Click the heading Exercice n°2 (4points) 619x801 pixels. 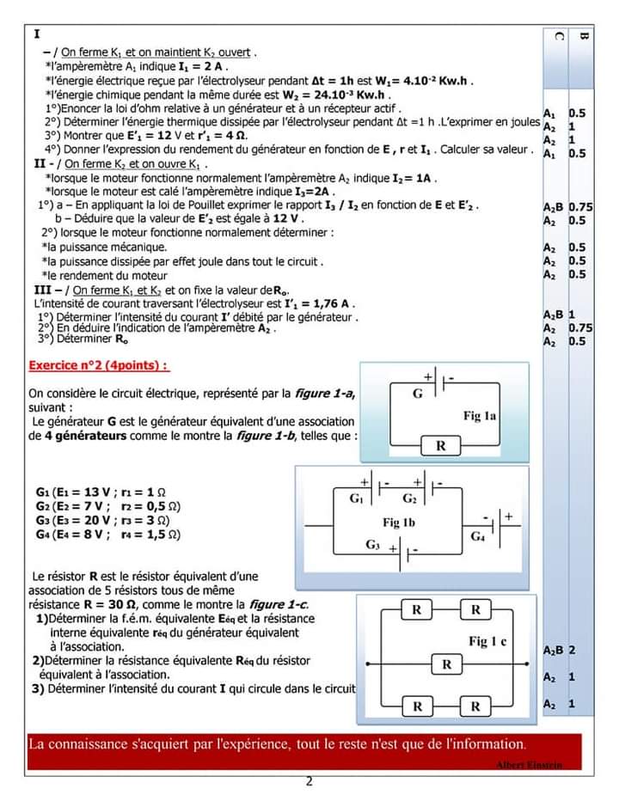[98, 364]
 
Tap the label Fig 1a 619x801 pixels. [480, 416]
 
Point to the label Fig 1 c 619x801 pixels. [487, 641]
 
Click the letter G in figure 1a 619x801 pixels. [418, 394]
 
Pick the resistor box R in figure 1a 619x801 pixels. [441, 446]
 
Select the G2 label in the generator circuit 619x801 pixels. [409, 498]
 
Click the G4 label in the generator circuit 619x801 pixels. [478, 535]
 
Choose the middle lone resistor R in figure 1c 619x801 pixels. [446, 664]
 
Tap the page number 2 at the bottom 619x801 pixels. [309, 781]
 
